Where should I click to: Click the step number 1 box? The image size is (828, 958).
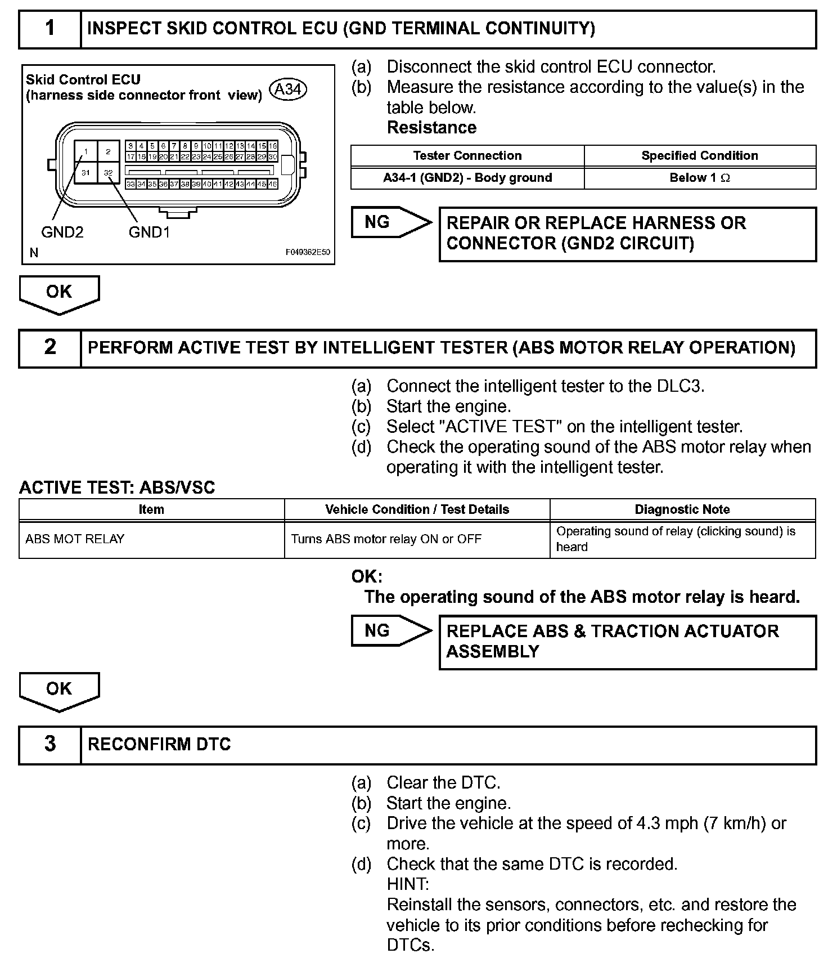[x=50, y=29]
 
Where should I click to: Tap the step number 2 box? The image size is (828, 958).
[x=50, y=348]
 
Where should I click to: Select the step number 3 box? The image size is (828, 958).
[x=50, y=744]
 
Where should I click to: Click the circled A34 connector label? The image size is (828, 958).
[x=288, y=89]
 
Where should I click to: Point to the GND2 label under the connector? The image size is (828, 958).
[x=62, y=232]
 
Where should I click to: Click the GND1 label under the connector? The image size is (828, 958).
[x=149, y=232]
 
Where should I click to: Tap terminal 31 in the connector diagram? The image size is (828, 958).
[x=85, y=172]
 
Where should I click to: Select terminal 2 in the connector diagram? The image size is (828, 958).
[x=108, y=151]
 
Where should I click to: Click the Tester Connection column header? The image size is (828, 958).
[x=467, y=156]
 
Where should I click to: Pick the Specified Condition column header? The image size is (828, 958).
[x=699, y=156]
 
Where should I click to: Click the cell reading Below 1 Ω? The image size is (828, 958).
[x=699, y=178]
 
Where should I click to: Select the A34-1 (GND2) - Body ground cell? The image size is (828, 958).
[x=467, y=178]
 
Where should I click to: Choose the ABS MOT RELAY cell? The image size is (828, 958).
[x=75, y=539]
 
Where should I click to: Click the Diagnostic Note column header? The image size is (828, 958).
[x=682, y=509]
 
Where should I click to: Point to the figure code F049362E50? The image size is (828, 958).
[x=308, y=253]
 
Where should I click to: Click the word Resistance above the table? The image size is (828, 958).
[x=431, y=128]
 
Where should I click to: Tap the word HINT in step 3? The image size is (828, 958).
[x=408, y=884]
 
